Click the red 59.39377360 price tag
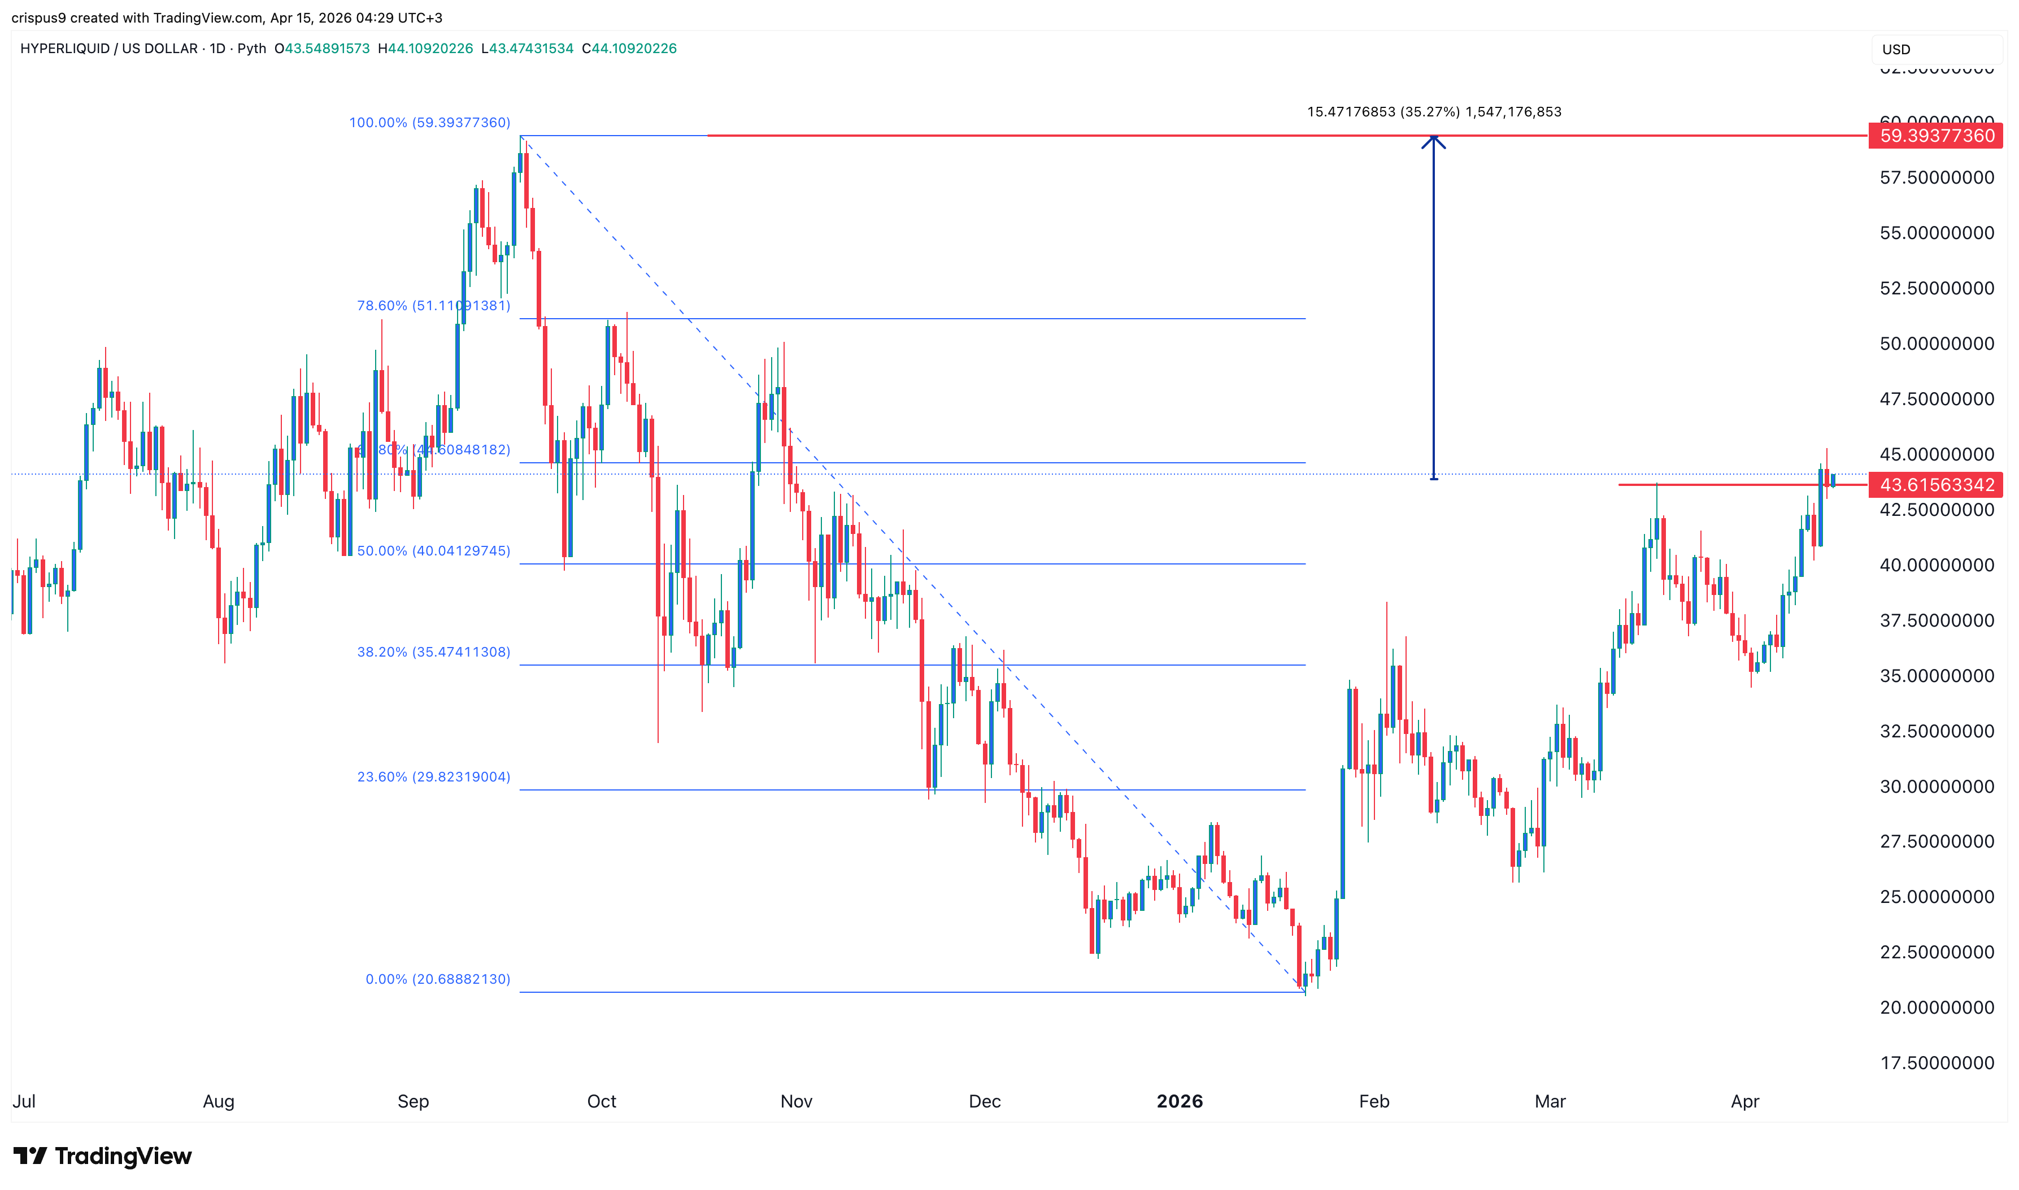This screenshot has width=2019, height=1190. coord(1935,136)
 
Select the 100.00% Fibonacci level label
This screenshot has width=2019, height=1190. coord(429,123)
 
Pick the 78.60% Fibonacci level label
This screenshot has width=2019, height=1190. coord(433,306)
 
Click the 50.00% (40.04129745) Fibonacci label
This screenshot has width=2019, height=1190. coord(433,551)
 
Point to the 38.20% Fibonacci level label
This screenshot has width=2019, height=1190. coord(433,652)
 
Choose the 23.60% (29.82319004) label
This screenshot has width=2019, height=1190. coord(433,776)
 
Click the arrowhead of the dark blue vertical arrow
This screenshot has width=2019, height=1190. coord(1433,142)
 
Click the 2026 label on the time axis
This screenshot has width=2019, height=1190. coord(1179,1101)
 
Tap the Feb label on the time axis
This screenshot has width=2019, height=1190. coord(1374,1101)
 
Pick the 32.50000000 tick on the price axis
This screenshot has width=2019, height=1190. coord(1937,731)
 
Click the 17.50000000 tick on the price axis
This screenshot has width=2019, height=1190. coord(1937,1062)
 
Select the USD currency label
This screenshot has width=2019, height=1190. coord(1896,50)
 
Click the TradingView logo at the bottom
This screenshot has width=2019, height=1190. coord(103,1156)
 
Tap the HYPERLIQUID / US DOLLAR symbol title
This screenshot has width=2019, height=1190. coord(109,48)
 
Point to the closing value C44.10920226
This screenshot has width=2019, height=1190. coord(629,48)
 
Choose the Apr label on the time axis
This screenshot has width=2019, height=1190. coord(1745,1101)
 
